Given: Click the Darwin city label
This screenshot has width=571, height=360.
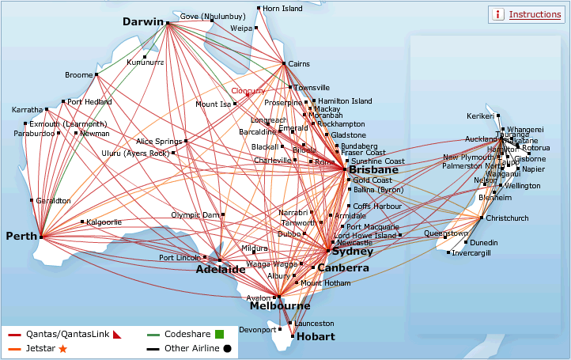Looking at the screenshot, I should tap(142, 22).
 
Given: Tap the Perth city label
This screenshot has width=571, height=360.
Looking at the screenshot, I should tap(21, 237).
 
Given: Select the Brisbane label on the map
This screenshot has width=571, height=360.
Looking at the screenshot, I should tap(375, 170).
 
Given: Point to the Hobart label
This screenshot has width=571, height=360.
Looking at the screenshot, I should tap(315, 336).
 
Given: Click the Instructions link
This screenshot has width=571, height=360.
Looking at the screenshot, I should tap(535, 14).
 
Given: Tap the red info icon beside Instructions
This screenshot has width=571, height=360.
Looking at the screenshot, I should tap(498, 14).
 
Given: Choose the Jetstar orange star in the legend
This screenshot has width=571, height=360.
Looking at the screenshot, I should tap(63, 348).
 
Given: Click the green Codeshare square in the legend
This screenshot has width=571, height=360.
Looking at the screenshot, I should tap(220, 334).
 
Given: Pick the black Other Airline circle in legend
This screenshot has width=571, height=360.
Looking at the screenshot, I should tap(227, 348).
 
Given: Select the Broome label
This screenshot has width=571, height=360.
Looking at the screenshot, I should tap(78, 75).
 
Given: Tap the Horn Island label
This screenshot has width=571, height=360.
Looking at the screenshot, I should tap(282, 9).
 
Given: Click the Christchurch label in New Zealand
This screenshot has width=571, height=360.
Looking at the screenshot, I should tap(508, 218).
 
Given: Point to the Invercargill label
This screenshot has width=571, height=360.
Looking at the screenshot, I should tap(471, 253).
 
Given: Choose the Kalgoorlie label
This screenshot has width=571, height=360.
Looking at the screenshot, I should tap(104, 222).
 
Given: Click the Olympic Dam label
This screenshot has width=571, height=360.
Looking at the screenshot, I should tap(195, 214).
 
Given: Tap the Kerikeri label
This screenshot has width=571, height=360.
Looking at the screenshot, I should tap(480, 116).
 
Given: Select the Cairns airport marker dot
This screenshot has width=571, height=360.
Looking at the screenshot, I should tap(284, 63).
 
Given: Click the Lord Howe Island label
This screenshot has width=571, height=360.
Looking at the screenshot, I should tap(365, 236).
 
